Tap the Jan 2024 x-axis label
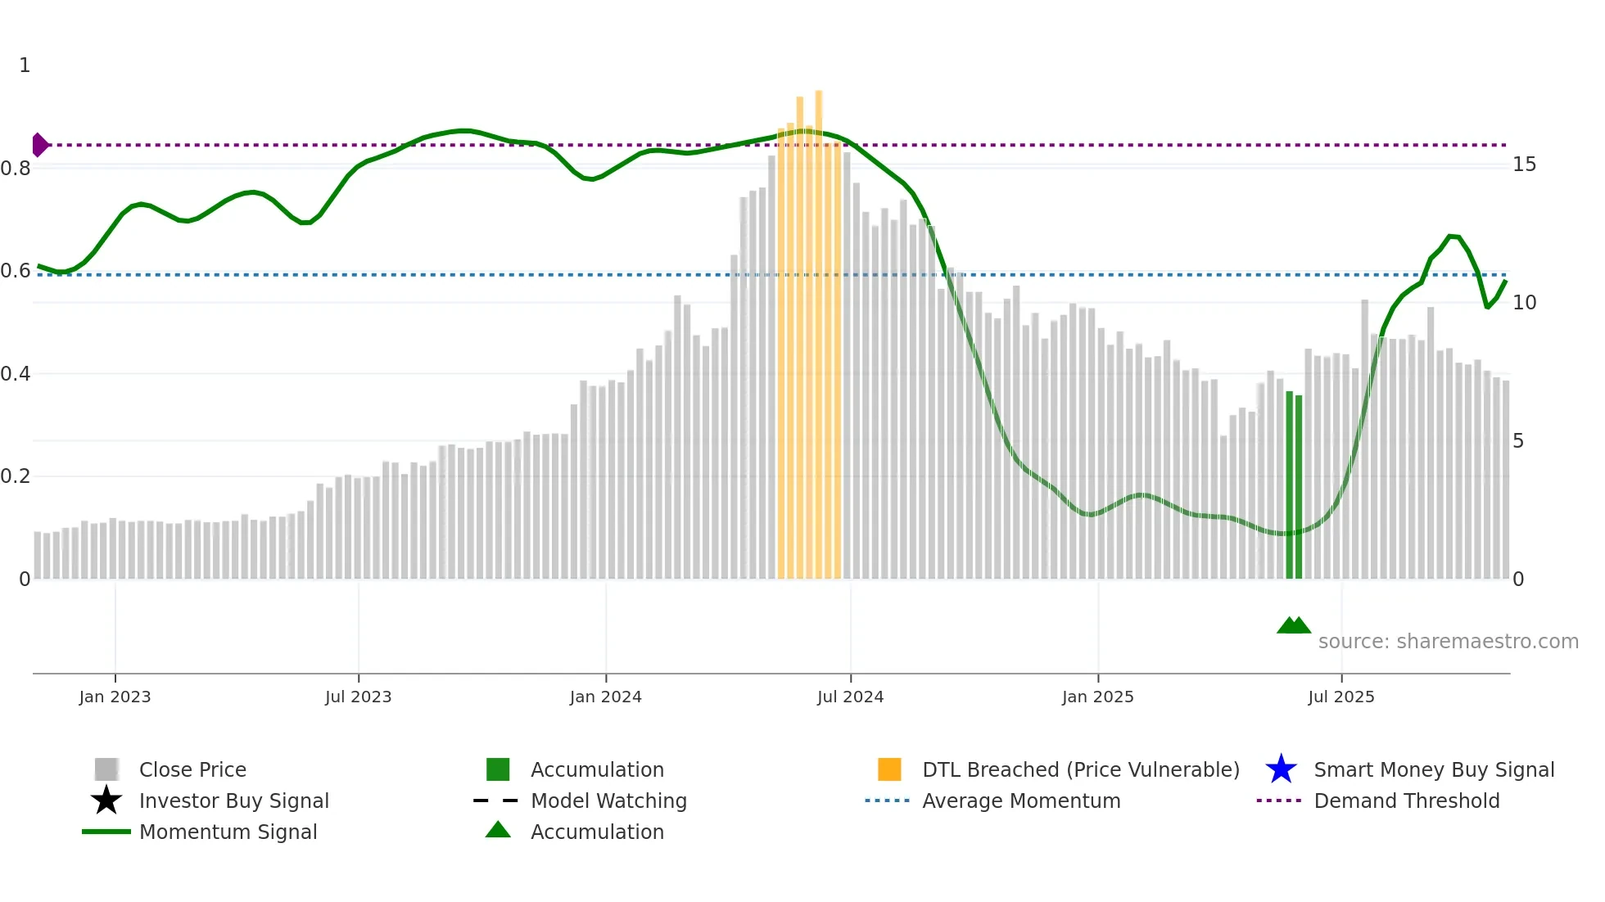tap(605, 697)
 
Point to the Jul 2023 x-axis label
tap(358, 697)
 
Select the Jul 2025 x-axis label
tap(1341, 697)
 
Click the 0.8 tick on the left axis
tap(16, 169)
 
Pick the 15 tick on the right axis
tap(1524, 165)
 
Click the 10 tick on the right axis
tap(1524, 303)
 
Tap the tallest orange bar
tap(818, 327)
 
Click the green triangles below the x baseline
tap(1294, 626)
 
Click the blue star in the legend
tap(1281, 769)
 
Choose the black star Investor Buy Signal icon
tap(106, 801)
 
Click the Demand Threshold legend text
tap(1406, 801)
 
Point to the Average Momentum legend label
tap(1020, 801)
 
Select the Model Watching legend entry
tap(608, 801)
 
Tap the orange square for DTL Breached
tap(889, 769)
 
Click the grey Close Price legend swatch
tap(106, 769)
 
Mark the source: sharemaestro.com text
tap(1448, 641)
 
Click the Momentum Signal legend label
tap(228, 832)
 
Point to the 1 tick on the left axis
tap(25, 65)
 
